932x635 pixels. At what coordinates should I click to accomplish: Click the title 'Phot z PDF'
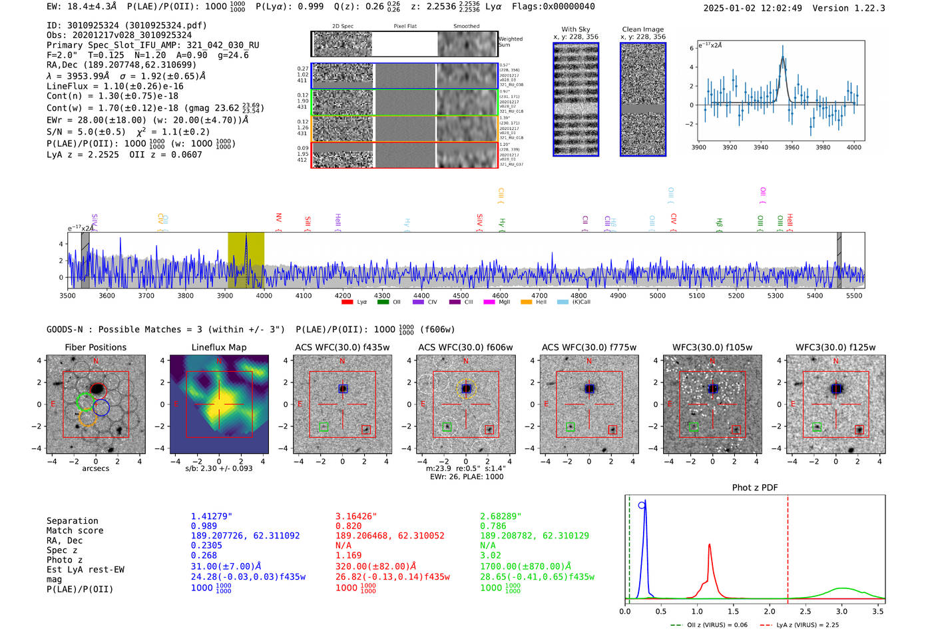(x=755, y=488)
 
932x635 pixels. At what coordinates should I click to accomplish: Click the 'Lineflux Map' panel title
(x=219, y=347)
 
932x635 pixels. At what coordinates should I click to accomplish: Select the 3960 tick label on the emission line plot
(x=792, y=147)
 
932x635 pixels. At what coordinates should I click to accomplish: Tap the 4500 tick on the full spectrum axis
(x=461, y=295)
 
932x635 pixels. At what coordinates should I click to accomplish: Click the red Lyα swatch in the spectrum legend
(x=347, y=303)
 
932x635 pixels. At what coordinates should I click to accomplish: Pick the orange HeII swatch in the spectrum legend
(x=526, y=303)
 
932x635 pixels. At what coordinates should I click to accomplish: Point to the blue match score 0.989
(x=204, y=526)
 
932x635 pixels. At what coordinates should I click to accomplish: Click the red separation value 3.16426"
(x=356, y=516)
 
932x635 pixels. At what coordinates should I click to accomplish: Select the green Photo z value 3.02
(x=490, y=555)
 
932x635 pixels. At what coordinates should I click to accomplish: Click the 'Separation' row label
(x=73, y=521)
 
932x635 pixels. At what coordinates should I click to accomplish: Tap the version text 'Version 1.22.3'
(x=849, y=8)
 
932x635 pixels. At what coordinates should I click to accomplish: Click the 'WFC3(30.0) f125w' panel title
(x=835, y=347)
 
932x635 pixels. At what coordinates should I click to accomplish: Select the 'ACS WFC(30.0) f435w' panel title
(x=342, y=347)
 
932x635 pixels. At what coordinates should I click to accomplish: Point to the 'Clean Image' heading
(x=642, y=29)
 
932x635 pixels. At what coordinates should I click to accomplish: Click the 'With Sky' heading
(x=576, y=29)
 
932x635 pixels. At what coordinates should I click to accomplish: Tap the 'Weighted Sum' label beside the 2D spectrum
(x=511, y=42)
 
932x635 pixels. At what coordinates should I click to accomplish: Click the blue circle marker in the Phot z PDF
(x=642, y=506)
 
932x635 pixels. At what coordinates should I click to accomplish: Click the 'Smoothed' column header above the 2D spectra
(x=466, y=27)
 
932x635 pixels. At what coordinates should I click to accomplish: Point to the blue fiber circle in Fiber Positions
(x=101, y=408)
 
